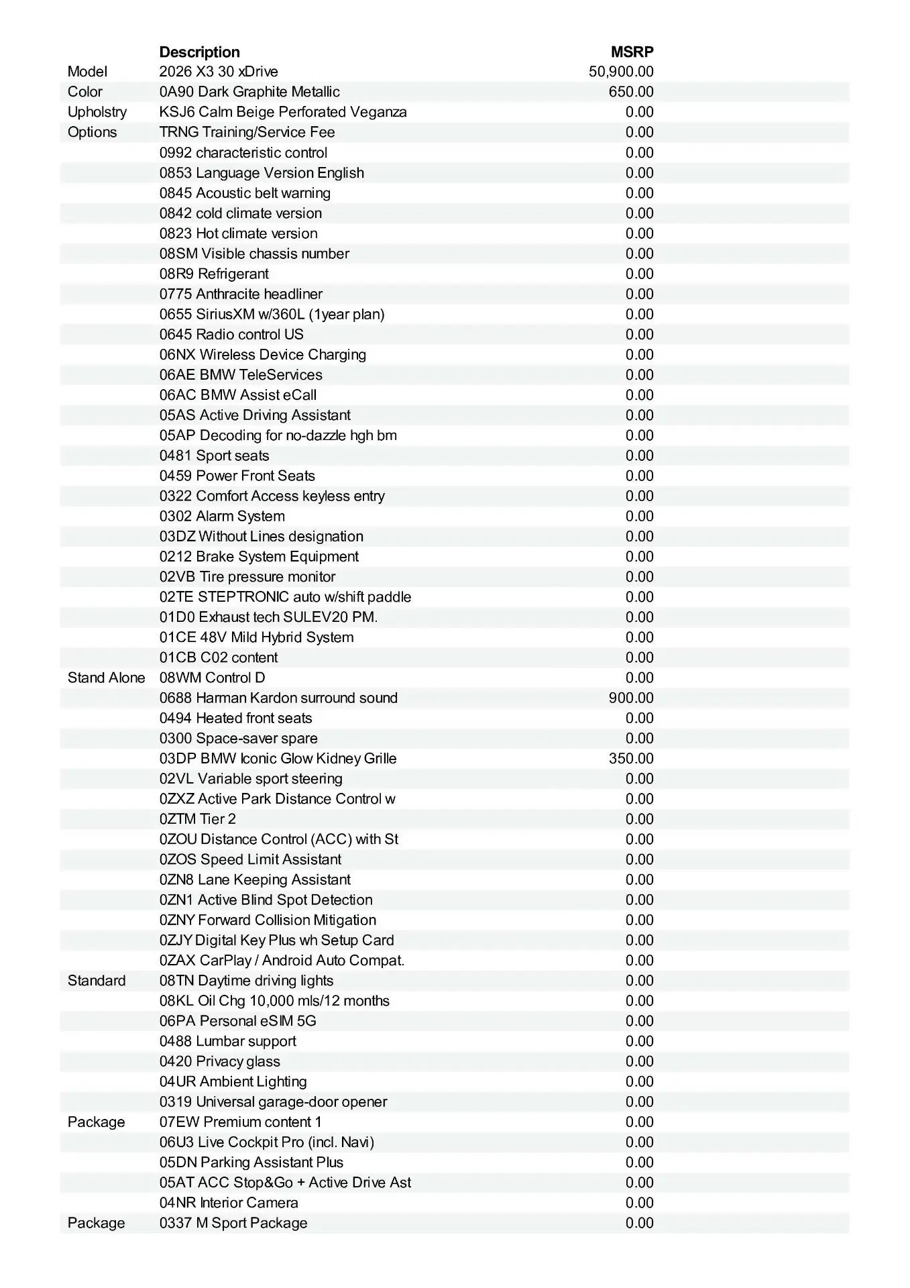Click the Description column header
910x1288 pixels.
coord(199,52)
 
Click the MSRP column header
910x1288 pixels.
coord(632,52)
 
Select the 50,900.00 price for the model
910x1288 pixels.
coord(621,72)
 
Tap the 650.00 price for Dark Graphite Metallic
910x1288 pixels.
coord(631,92)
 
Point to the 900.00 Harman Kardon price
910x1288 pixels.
coord(631,698)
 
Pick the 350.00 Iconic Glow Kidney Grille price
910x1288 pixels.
coord(631,759)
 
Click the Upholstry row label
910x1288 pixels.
coord(97,112)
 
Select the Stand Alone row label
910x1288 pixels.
coord(106,678)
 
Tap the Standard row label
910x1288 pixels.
coord(97,981)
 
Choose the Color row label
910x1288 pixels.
coord(85,92)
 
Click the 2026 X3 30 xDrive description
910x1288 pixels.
coord(219,72)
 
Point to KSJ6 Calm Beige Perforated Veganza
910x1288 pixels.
coord(283,112)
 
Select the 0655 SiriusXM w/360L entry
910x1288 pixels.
coord(272,315)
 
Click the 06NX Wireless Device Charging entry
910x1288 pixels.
coord(263,355)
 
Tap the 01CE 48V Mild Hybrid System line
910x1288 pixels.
coord(256,637)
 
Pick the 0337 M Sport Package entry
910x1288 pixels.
coord(233,1223)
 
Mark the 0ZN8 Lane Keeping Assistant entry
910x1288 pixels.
coord(255,880)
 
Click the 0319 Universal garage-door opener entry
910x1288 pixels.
coord(273,1102)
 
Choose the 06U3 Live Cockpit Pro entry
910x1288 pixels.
coord(266,1142)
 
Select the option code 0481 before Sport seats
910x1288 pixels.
coord(176,456)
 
